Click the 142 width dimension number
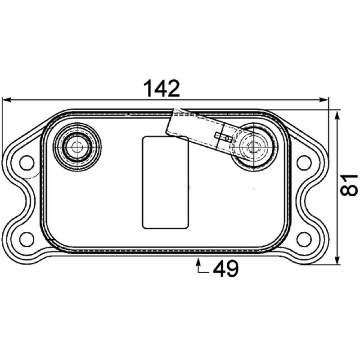pyautogui.click(x=161, y=88)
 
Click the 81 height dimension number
pyautogui.click(x=349, y=185)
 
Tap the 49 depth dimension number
pyautogui.click(x=226, y=268)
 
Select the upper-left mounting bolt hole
pyautogui.click(x=27, y=162)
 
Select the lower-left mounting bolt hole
pyautogui.click(x=27, y=239)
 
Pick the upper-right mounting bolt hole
pyautogui.click(x=304, y=162)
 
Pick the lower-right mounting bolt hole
pyautogui.click(x=304, y=239)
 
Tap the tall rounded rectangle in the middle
pyautogui.click(x=166, y=183)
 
